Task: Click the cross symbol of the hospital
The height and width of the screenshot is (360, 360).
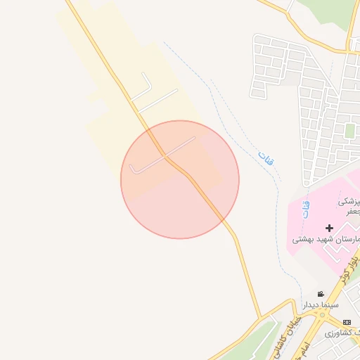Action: pyautogui.click(x=329, y=228)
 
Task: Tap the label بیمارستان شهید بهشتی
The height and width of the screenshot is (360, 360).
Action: pyautogui.click(x=326, y=240)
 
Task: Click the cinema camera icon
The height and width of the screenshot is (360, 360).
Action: pyautogui.click(x=321, y=294)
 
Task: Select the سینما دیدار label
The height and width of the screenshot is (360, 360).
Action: pyautogui.click(x=321, y=306)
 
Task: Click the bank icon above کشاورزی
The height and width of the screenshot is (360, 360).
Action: pyautogui.click(x=347, y=321)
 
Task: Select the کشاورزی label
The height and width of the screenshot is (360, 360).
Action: pyautogui.click(x=345, y=332)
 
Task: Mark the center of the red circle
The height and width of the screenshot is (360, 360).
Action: pyautogui.click(x=180, y=179)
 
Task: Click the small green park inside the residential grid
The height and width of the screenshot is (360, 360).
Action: pyautogui.click(x=349, y=131)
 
